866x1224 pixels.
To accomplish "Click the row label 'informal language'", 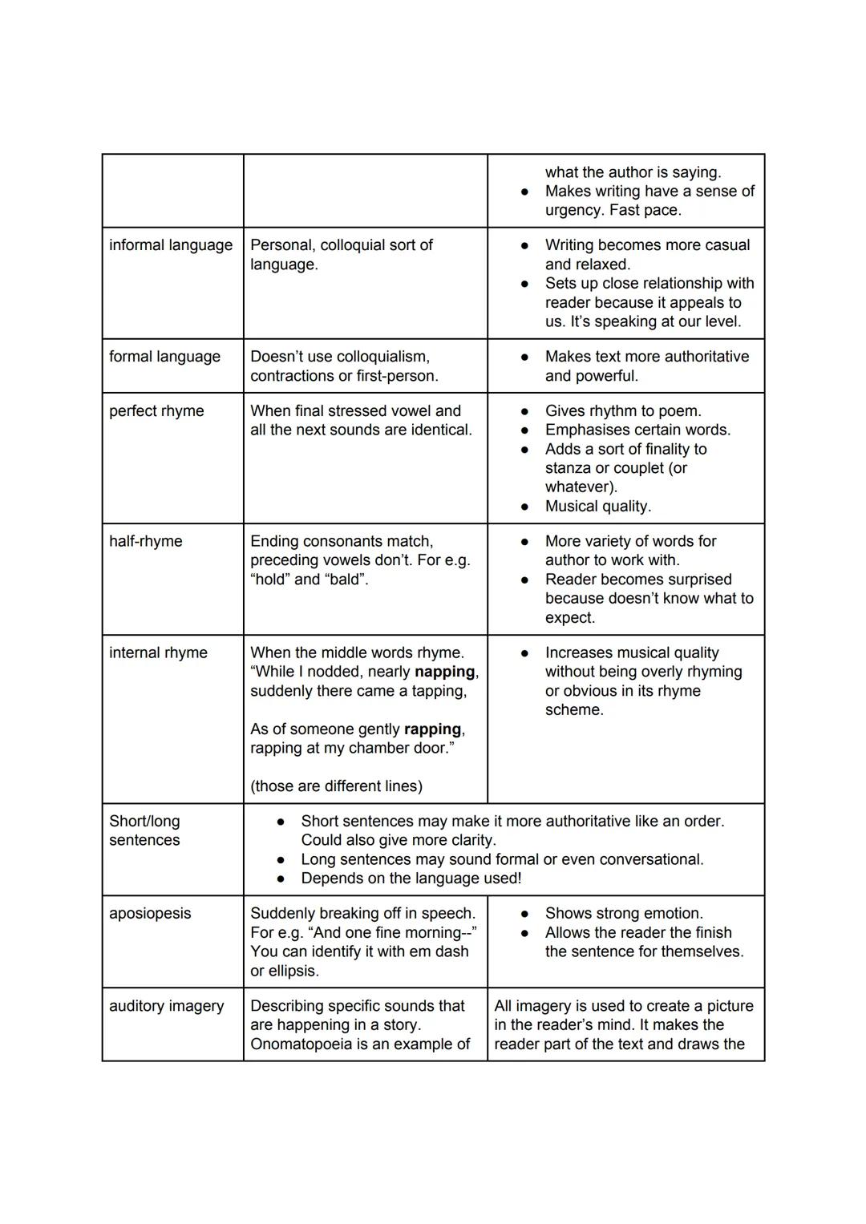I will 171,245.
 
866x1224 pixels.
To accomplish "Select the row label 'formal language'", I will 164,357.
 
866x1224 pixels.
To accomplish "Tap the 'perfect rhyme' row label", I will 156,411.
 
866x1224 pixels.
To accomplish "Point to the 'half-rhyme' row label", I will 146,542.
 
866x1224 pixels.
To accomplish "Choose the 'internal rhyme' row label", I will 158,653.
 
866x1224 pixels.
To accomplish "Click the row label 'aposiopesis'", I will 150,914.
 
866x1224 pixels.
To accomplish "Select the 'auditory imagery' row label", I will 166,1006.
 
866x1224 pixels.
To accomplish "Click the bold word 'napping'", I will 444,673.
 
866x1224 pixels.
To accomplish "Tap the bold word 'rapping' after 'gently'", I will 432,729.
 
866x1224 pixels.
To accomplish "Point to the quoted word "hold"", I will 269,580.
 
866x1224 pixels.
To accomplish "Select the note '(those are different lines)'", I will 336,786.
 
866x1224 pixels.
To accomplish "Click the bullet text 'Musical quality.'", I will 597,507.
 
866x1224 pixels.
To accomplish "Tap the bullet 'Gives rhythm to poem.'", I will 623,411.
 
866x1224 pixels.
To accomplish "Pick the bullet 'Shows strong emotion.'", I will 624,914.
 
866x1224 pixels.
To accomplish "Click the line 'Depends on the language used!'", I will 411,879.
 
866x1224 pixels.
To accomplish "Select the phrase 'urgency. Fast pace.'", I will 613,211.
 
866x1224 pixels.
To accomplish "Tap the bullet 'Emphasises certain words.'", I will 637,430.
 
